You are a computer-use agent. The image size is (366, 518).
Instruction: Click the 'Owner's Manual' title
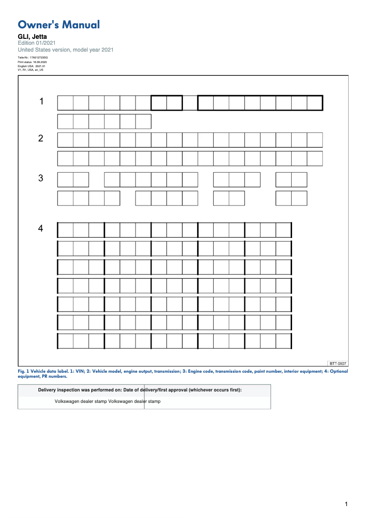click(58, 25)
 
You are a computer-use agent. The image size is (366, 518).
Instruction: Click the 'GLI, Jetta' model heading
click(32, 37)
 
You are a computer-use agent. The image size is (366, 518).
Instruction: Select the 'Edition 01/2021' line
click(37, 43)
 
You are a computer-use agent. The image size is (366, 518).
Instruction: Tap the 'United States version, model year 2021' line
click(66, 50)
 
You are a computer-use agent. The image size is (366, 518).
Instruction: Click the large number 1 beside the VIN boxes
click(42, 101)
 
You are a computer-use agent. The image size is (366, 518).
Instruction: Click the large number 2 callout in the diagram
click(41, 138)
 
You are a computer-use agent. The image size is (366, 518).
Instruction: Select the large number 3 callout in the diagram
click(41, 178)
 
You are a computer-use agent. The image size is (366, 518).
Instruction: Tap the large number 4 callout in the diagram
click(41, 228)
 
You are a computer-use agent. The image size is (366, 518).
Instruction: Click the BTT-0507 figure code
click(338, 364)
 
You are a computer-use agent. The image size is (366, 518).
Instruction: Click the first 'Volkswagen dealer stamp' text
click(81, 402)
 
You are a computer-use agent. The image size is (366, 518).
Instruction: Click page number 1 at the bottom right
click(346, 504)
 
